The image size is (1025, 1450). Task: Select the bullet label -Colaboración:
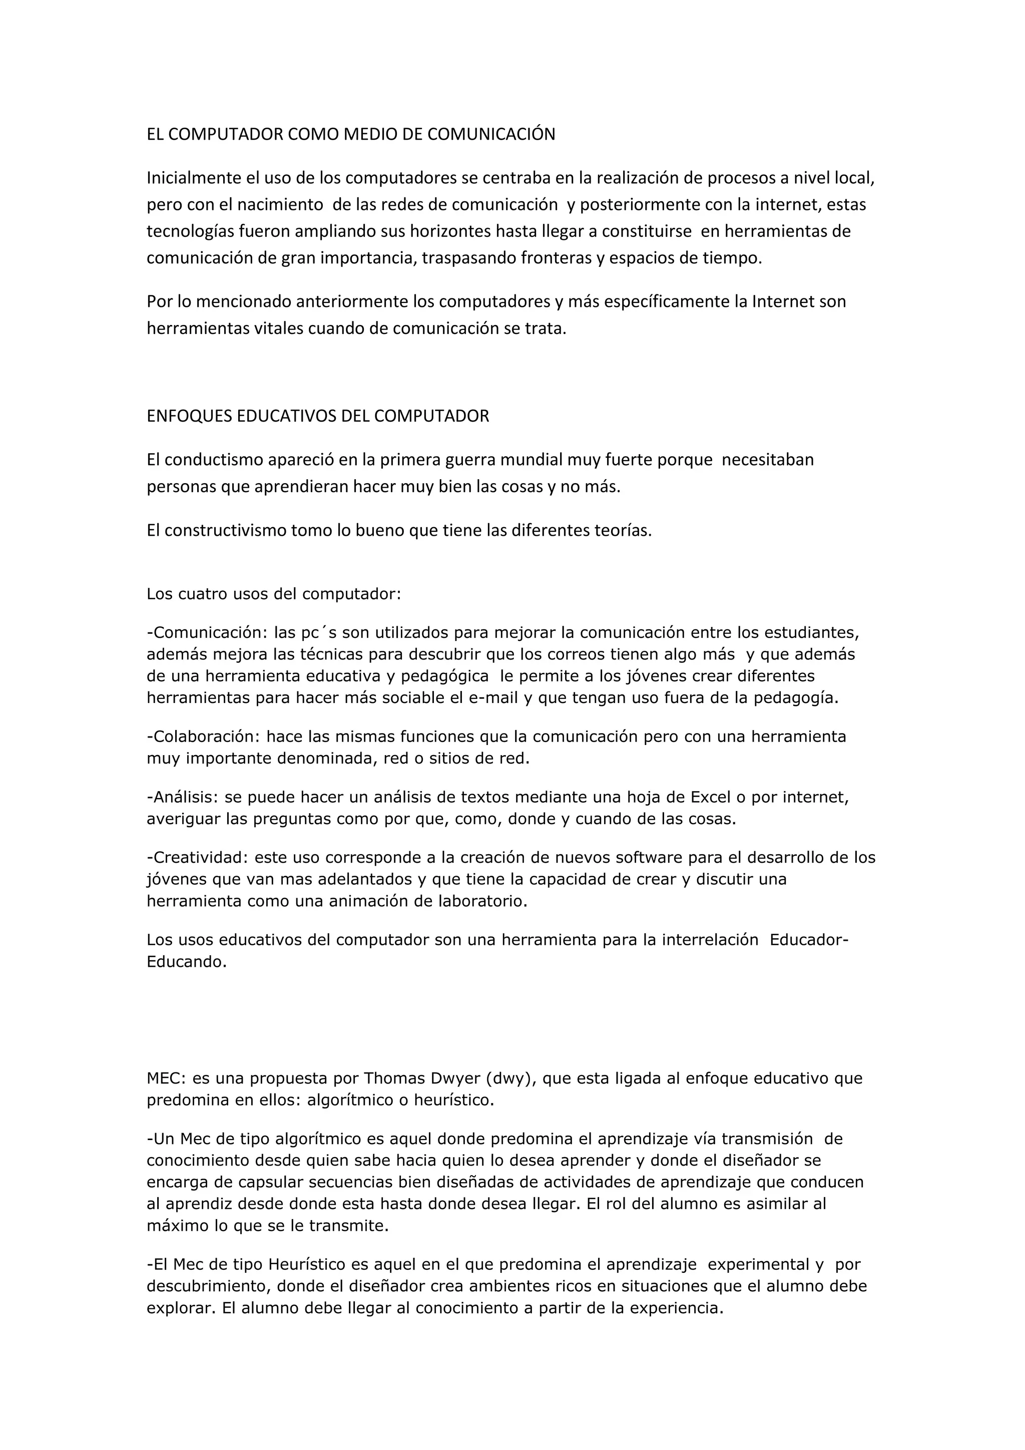(x=203, y=737)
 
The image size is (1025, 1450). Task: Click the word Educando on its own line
(x=186, y=962)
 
